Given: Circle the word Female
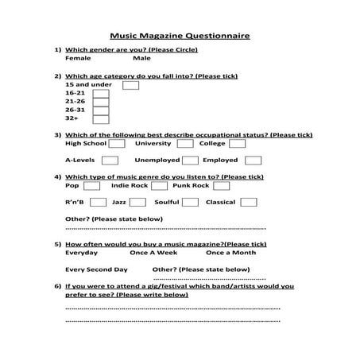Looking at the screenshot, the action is click(78, 58).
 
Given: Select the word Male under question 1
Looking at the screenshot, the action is click(141, 58).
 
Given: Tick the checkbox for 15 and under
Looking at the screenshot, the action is click(131, 84).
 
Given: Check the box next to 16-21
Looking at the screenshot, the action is click(101, 93).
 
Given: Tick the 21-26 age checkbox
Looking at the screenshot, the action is click(101, 102).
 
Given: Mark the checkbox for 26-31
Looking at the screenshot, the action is click(101, 110).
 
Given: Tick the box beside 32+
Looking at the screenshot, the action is click(101, 120).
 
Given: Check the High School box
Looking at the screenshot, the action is click(116, 144).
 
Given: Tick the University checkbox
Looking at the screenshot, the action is click(184, 144).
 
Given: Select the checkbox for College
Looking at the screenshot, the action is click(237, 144).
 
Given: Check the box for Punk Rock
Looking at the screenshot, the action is click(220, 185).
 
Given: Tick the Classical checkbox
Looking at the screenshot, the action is click(249, 202).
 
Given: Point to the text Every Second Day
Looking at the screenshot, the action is click(96, 269).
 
